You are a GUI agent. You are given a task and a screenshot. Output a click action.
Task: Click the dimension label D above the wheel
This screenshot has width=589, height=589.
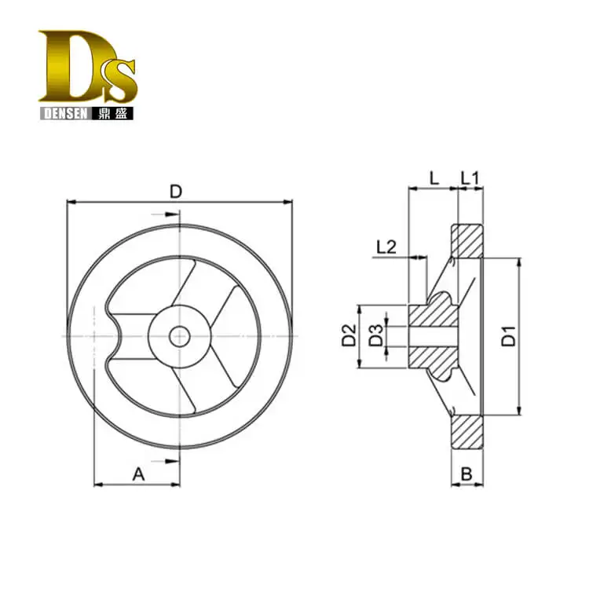[x=175, y=192]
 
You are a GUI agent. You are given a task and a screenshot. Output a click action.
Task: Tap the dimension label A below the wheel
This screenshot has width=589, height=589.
[x=138, y=474]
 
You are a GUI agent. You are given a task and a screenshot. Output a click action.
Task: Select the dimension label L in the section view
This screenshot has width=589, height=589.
[x=434, y=178]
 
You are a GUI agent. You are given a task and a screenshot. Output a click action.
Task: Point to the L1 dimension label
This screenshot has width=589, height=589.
[x=470, y=178]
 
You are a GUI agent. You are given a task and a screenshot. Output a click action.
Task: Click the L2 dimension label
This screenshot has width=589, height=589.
[x=386, y=247]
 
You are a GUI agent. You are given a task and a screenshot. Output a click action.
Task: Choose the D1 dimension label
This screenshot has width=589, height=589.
[x=509, y=336]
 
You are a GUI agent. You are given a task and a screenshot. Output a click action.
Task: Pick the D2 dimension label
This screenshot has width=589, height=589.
[x=349, y=335]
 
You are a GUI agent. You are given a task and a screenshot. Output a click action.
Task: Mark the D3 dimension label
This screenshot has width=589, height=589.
[x=376, y=335]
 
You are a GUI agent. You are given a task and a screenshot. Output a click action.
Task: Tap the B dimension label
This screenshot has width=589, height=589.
[x=466, y=474]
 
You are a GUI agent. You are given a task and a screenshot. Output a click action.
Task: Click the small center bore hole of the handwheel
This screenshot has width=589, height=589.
[x=179, y=337]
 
